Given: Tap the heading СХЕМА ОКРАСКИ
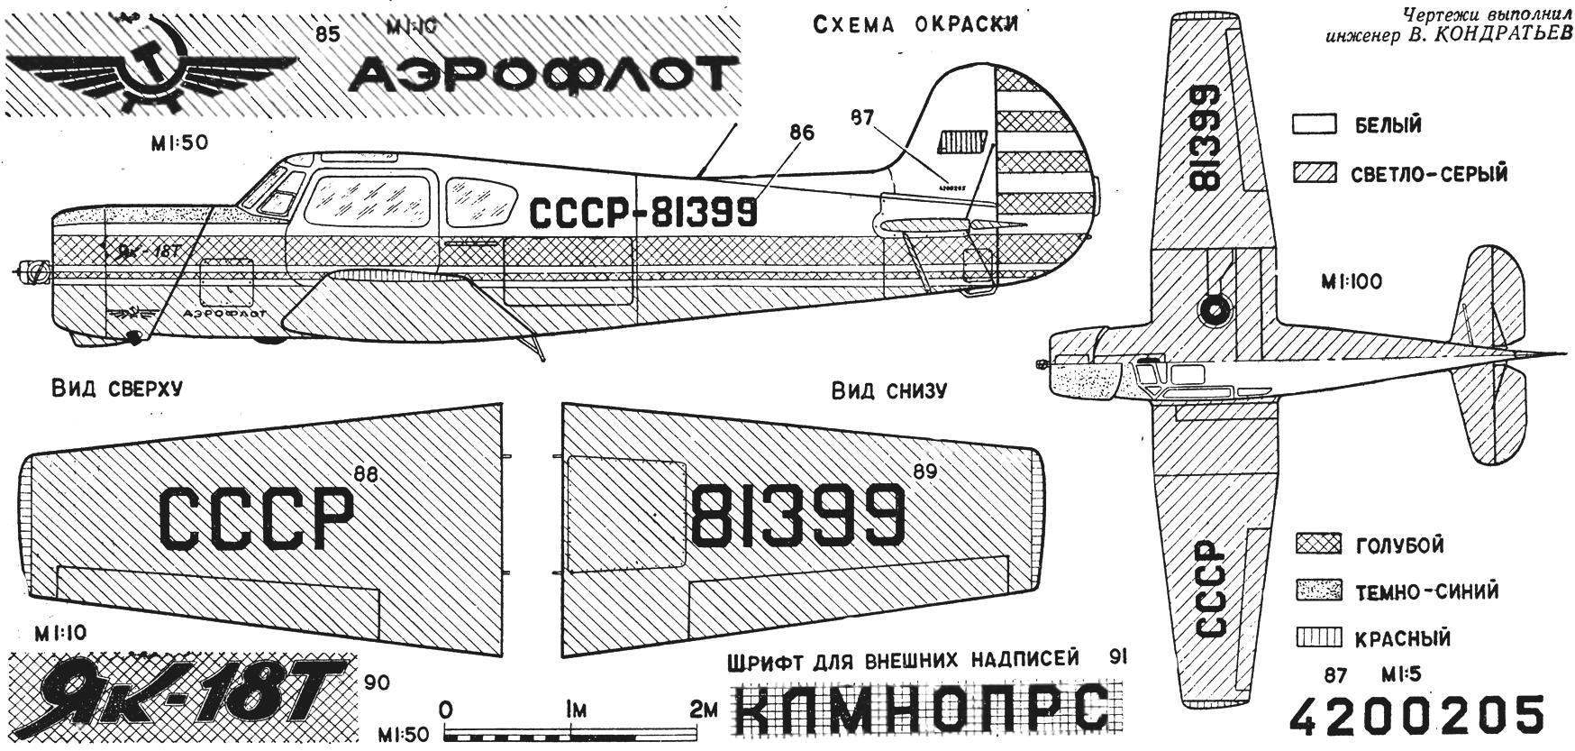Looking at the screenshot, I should click(915, 24).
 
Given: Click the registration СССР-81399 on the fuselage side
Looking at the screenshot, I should click(642, 213).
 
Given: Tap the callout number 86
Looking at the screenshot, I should click(801, 134).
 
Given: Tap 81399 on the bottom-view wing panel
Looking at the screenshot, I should click(797, 515).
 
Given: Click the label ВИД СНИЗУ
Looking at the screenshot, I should click(888, 390).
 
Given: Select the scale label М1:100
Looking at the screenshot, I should click(1351, 282).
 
